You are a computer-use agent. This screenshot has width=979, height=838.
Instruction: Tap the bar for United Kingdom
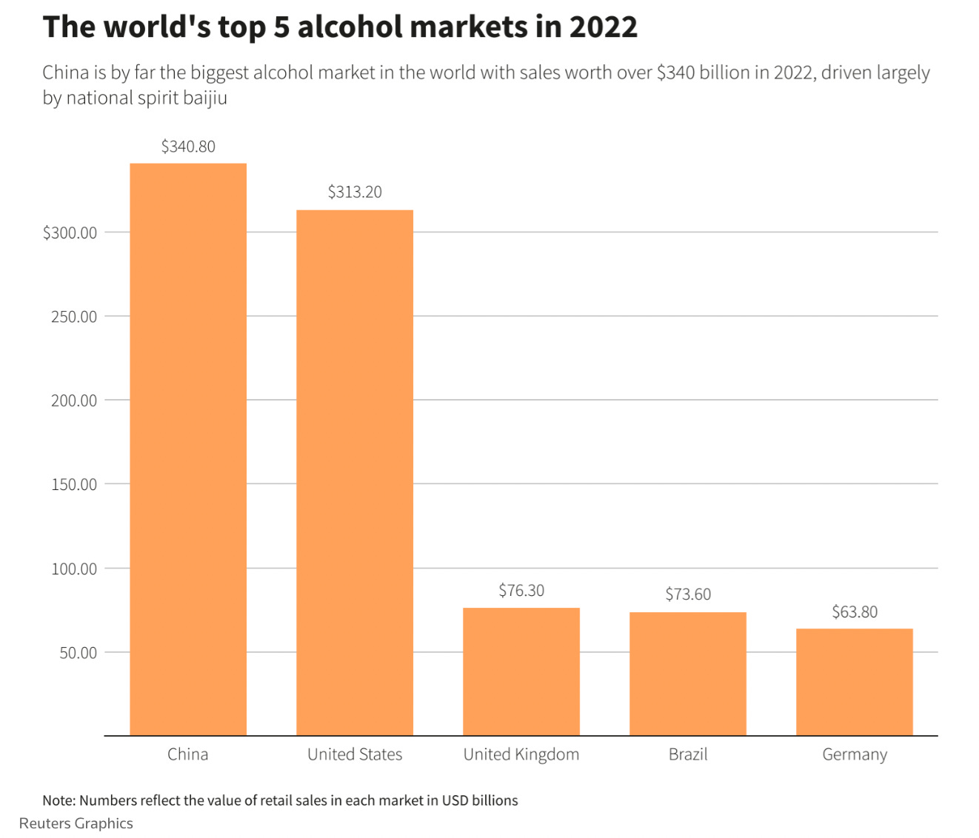click(521, 671)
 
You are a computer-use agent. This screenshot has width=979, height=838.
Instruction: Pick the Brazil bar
click(688, 674)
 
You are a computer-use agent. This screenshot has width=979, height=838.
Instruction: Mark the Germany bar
click(855, 682)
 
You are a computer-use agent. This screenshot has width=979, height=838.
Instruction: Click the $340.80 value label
click(188, 147)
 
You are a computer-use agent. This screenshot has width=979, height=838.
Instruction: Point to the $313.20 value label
click(355, 192)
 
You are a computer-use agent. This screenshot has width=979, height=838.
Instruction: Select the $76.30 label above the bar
click(521, 591)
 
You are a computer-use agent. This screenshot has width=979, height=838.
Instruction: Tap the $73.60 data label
click(688, 594)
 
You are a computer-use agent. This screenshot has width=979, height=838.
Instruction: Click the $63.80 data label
click(855, 612)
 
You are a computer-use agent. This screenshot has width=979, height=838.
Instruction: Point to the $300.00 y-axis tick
click(70, 233)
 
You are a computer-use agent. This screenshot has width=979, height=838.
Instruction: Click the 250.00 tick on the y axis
click(73, 317)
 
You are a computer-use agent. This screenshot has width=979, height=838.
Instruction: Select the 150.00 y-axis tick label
click(73, 485)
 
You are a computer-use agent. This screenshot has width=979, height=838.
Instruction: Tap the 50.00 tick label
click(78, 653)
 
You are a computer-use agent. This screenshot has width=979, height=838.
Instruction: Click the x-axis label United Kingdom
click(521, 754)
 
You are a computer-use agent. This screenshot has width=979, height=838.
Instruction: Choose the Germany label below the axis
click(855, 754)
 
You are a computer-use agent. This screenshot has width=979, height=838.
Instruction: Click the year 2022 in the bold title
click(603, 27)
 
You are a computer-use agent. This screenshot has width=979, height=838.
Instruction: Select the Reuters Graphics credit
click(76, 823)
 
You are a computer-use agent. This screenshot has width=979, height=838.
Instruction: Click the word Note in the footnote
click(58, 800)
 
